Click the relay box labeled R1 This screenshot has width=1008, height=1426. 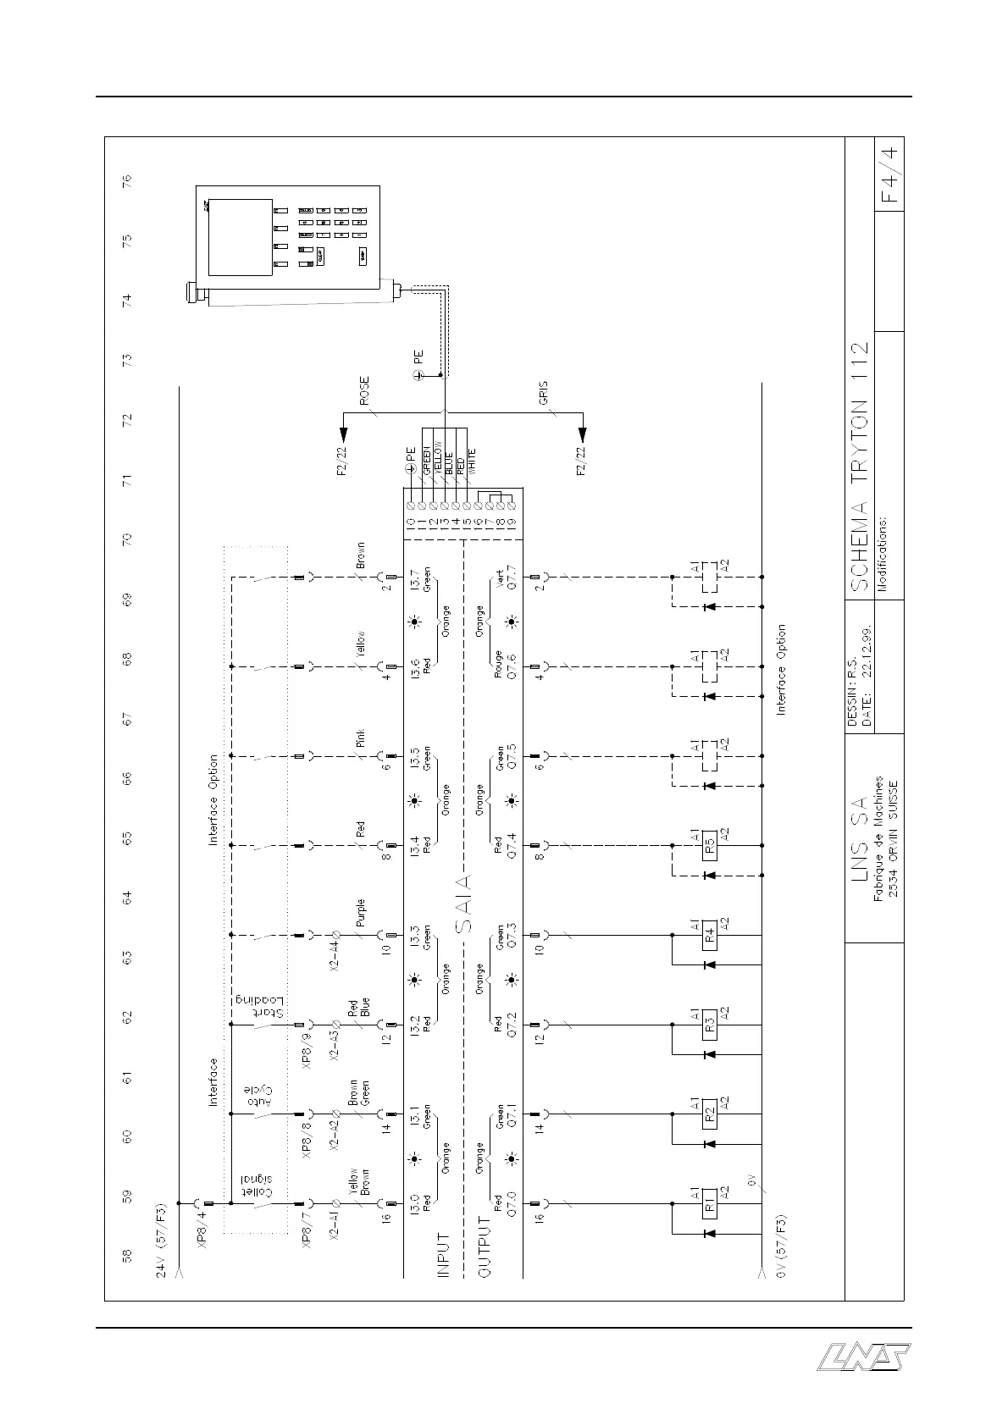point(710,1203)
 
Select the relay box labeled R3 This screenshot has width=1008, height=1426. point(710,1024)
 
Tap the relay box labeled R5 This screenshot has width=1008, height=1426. point(710,844)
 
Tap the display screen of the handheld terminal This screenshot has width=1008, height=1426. point(241,237)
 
